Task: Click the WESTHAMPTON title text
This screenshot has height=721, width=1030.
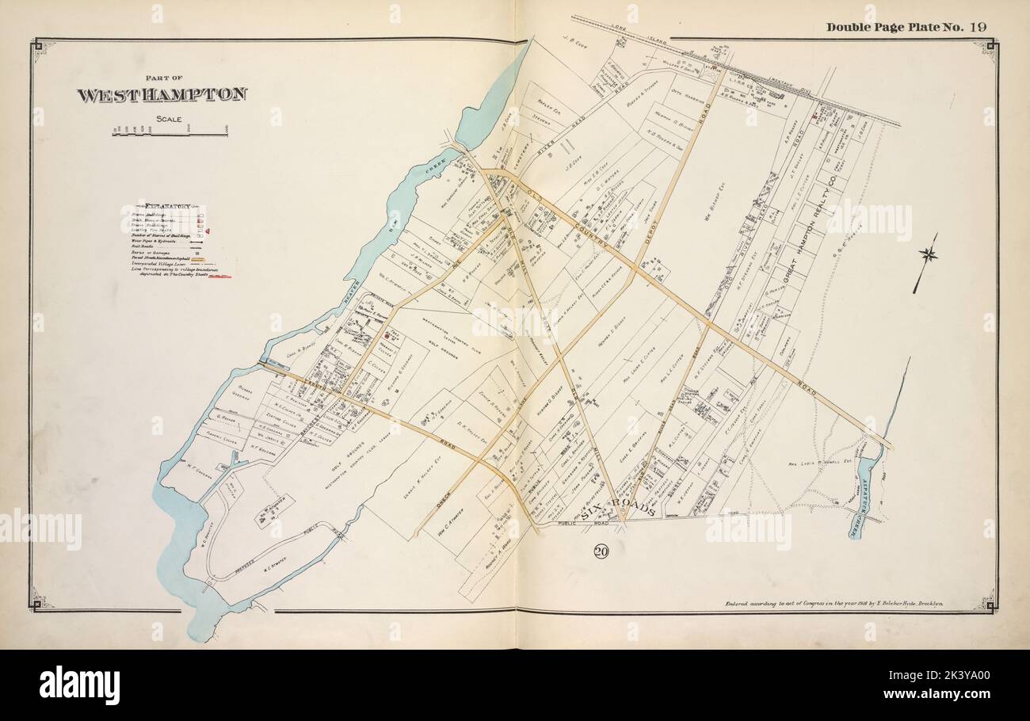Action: pyautogui.click(x=162, y=95)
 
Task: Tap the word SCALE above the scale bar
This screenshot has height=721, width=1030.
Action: pyautogui.click(x=169, y=120)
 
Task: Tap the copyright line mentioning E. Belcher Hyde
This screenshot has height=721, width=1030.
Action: pyautogui.click(x=839, y=604)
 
